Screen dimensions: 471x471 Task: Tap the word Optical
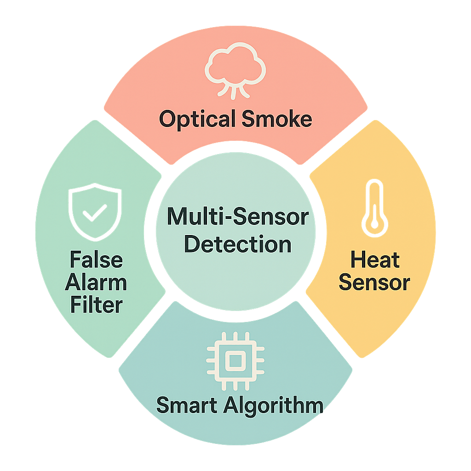[194, 119]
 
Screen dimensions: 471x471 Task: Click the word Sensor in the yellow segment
[374, 282]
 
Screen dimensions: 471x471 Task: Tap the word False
[96, 260]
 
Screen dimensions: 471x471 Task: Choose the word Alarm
[96, 282]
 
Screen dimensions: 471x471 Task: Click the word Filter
[96, 304]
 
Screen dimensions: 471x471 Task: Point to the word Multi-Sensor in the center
[237, 217]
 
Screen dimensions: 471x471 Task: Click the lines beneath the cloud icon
[234, 91]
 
